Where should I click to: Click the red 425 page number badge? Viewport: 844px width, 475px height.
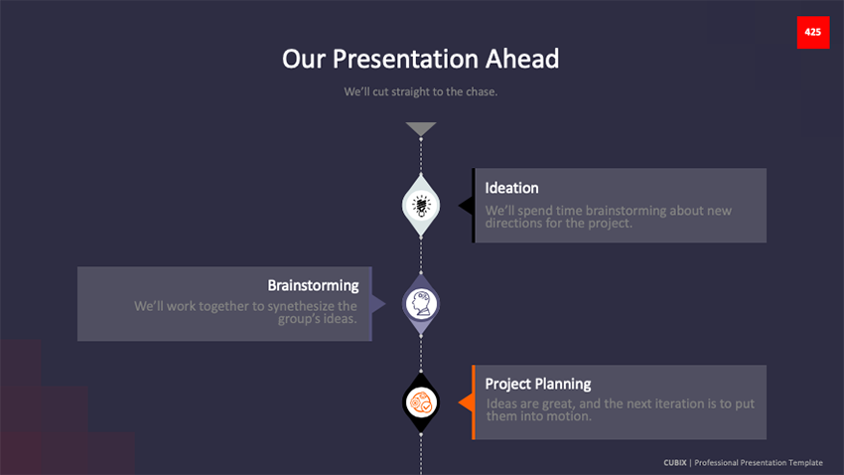813,33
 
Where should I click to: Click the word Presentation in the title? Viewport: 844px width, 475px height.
405,59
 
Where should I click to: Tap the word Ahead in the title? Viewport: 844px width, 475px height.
522,59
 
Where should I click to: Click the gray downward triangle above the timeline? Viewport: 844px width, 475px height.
421,128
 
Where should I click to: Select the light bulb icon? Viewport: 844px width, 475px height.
421,205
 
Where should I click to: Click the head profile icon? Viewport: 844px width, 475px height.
421,303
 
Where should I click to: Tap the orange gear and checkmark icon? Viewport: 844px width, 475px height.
421,401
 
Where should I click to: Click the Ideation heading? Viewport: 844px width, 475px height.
511,188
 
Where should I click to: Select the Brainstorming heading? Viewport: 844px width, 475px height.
313,285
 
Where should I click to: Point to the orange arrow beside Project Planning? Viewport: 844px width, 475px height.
466,402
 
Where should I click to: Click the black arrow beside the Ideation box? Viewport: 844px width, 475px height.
466,205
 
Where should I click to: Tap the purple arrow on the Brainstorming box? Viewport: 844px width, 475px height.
378,304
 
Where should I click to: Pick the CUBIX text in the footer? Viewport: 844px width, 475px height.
675,463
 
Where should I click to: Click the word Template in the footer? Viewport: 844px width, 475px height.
805,463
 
